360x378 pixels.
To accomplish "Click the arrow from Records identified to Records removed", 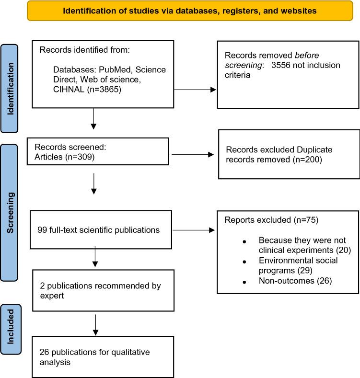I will pos(194,89).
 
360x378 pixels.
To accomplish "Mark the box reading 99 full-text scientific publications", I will pos(98,230).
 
